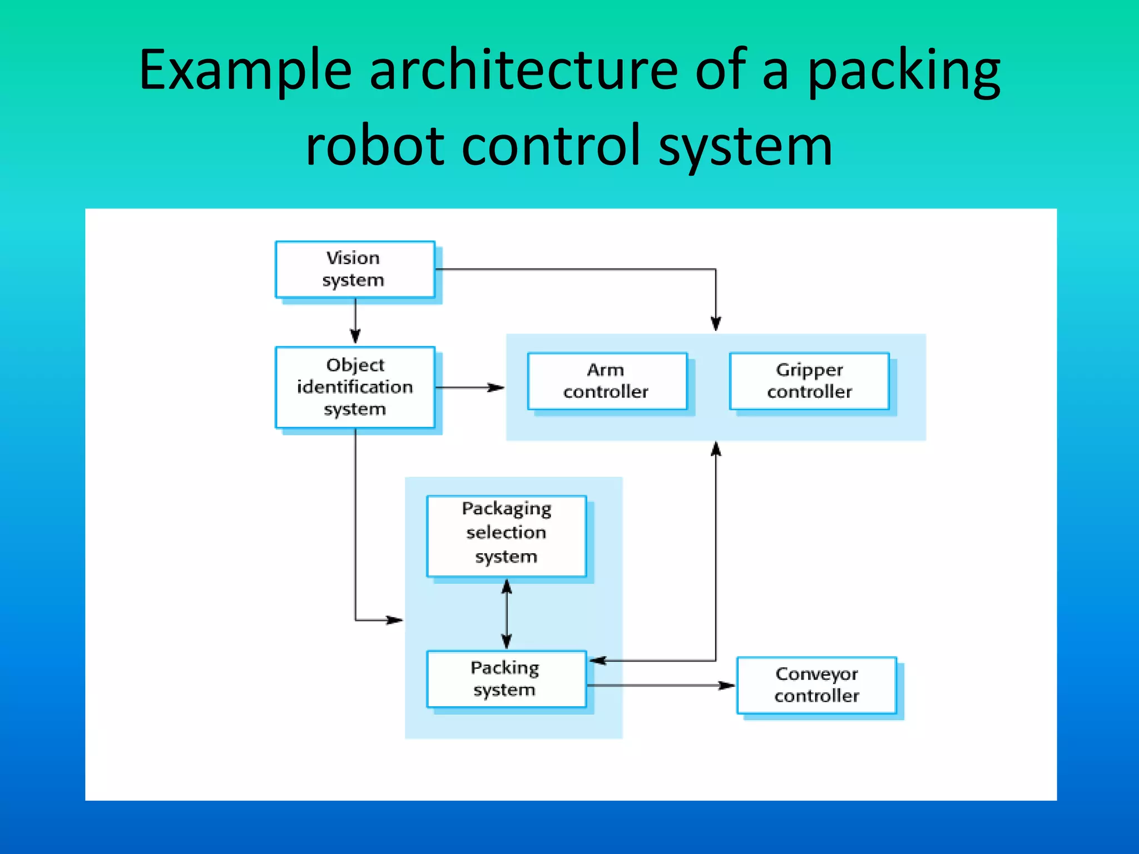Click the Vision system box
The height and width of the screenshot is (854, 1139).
pyautogui.click(x=355, y=270)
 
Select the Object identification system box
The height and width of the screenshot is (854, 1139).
pyautogui.click(x=355, y=388)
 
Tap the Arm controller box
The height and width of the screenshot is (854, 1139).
pyautogui.click(x=607, y=381)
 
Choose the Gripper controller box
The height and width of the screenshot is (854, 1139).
pyautogui.click(x=809, y=381)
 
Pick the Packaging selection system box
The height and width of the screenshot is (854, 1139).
pyautogui.click(x=506, y=535)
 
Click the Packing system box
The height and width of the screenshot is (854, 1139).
pyautogui.click(x=506, y=679)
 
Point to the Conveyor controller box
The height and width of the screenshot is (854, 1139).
pyautogui.click(x=816, y=685)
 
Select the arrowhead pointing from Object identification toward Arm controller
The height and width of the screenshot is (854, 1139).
pyautogui.click(x=496, y=388)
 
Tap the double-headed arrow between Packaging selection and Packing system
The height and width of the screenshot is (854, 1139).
pyautogui.click(x=506, y=614)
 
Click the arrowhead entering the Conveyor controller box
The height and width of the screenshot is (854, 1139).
pyautogui.click(x=726, y=686)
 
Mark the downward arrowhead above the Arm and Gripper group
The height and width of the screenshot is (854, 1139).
pyautogui.click(x=716, y=323)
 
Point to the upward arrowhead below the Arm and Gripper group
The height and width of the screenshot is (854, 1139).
pyautogui.click(x=716, y=449)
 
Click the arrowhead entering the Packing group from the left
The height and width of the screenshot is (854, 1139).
pyautogui.click(x=395, y=620)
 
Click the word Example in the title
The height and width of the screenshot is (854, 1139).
pyautogui.click(x=245, y=71)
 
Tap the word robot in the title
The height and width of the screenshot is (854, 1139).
pyautogui.click(x=375, y=146)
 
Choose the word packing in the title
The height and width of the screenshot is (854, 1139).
pyautogui.click(x=903, y=71)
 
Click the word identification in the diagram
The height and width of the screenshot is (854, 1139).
pyautogui.click(x=355, y=387)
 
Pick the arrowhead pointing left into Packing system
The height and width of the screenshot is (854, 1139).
pyautogui.click(x=598, y=661)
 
